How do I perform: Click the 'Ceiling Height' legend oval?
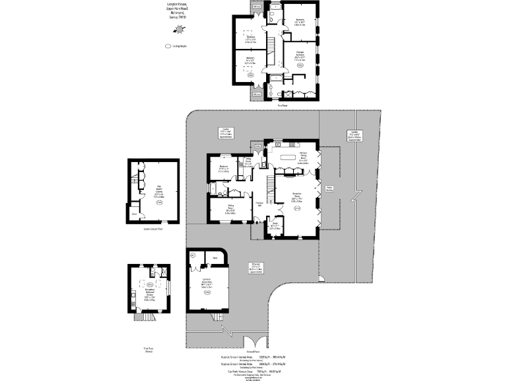(x=168, y=46)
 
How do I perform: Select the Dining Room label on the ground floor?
(x=230, y=211)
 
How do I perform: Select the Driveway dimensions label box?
(x=255, y=267)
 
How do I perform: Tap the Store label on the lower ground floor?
(x=134, y=214)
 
